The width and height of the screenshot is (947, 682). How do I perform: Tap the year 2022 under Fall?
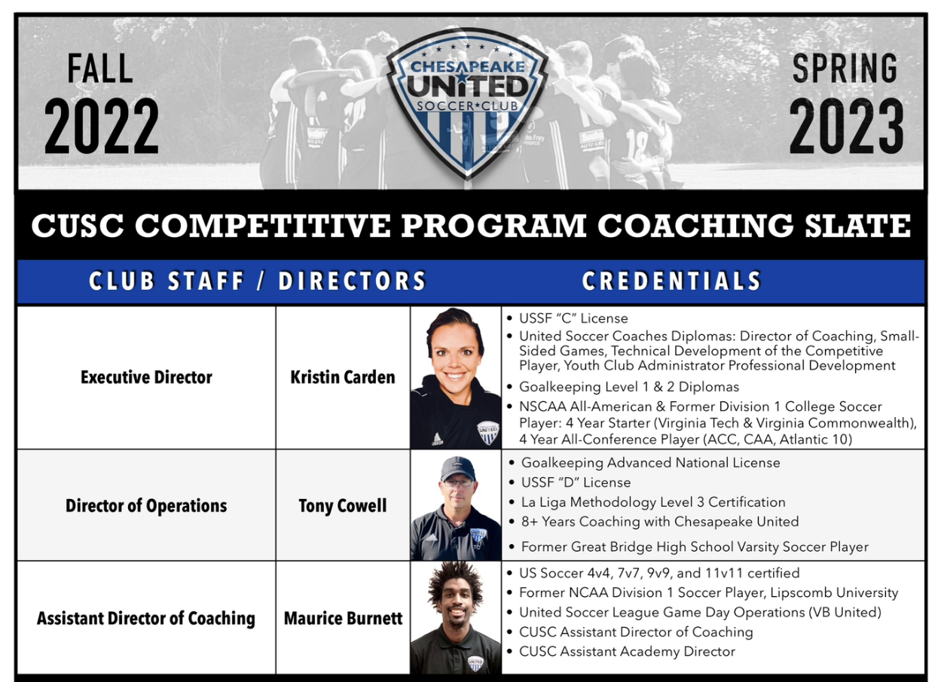tap(102, 126)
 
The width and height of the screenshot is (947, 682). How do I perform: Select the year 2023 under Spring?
tap(846, 126)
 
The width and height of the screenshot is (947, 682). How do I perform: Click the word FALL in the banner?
tap(100, 69)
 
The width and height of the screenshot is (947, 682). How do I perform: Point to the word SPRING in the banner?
tap(845, 69)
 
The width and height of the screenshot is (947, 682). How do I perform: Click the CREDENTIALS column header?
tap(671, 282)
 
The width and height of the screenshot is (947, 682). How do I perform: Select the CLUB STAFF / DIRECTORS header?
tap(258, 282)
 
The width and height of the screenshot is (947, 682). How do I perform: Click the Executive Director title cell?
tap(146, 377)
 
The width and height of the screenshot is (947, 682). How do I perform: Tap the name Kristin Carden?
tap(343, 377)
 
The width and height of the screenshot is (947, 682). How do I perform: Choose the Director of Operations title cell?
tap(146, 506)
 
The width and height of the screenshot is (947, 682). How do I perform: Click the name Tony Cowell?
tap(343, 506)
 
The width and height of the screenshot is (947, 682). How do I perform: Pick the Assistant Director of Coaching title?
tap(146, 618)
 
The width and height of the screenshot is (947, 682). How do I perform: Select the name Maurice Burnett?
tap(343, 618)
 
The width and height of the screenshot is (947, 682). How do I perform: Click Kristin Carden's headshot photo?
tap(456, 378)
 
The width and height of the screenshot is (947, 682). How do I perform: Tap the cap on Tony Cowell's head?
tap(458, 470)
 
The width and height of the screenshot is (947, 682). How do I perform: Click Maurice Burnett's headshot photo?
tap(456, 617)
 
